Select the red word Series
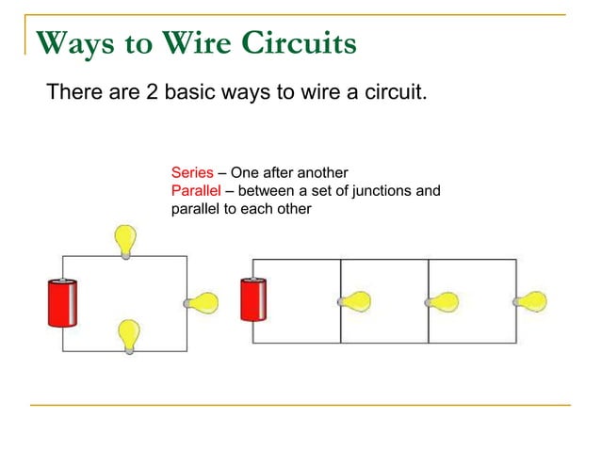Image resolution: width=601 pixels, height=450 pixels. coord(191,173)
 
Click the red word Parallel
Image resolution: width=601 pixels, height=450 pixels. coord(195,191)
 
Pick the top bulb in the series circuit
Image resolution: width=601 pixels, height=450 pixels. coord(124,239)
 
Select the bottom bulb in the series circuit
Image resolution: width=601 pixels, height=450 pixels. coord(129,334)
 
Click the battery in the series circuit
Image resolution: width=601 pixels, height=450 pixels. coord(63,303)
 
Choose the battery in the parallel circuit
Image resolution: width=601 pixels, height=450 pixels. coord(253,299)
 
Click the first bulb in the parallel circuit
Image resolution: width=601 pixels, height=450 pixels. coord(354,302)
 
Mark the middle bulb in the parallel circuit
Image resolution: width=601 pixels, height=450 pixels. coord(442,302)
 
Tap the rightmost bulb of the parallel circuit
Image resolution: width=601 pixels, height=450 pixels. coord(530,302)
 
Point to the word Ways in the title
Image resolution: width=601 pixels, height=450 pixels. coord(72,42)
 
